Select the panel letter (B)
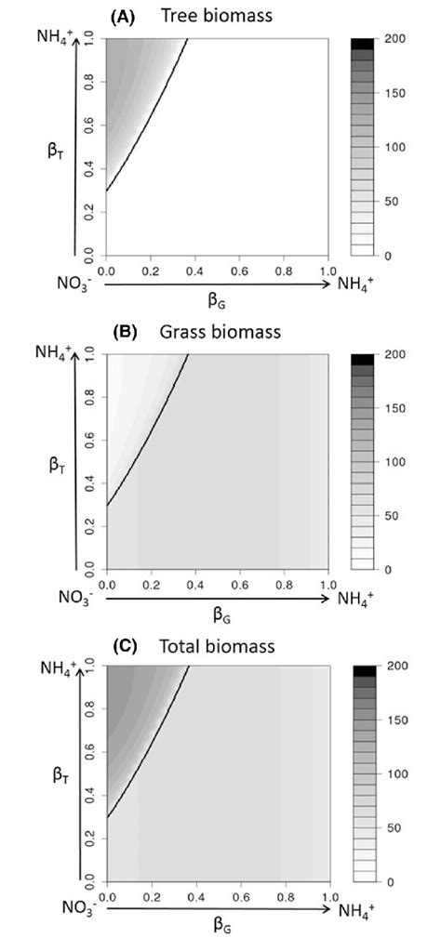127,330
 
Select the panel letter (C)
127,643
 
